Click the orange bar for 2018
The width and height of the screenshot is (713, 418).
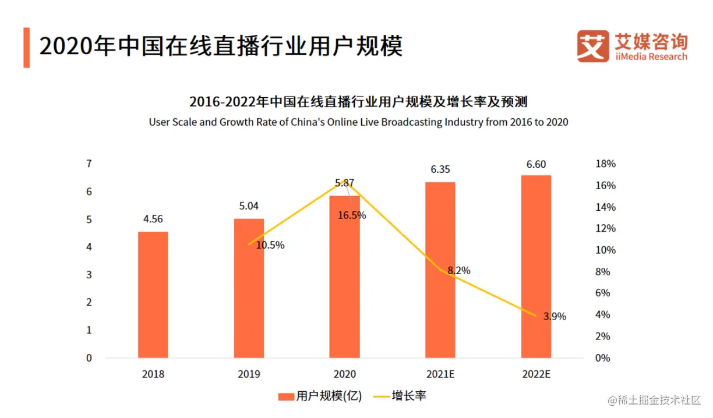[x=153, y=294]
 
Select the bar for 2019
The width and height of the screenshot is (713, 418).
[x=249, y=288]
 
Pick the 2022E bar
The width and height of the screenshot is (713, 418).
[x=536, y=266]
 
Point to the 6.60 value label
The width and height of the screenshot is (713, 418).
[x=536, y=164]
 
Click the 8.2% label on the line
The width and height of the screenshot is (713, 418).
[x=458, y=271]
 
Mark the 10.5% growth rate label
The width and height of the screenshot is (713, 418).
[x=270, y=245]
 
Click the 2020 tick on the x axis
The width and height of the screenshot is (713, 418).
[x=345, y=374]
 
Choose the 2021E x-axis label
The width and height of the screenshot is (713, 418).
[x=440, y=374]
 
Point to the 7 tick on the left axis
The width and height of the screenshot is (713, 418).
[x=89, y=164]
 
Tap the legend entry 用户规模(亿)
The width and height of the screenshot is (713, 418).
[x=320, y=396]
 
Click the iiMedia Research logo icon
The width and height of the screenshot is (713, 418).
[x=592, y=46]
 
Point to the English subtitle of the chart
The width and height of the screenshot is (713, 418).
[x=358, y=122]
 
